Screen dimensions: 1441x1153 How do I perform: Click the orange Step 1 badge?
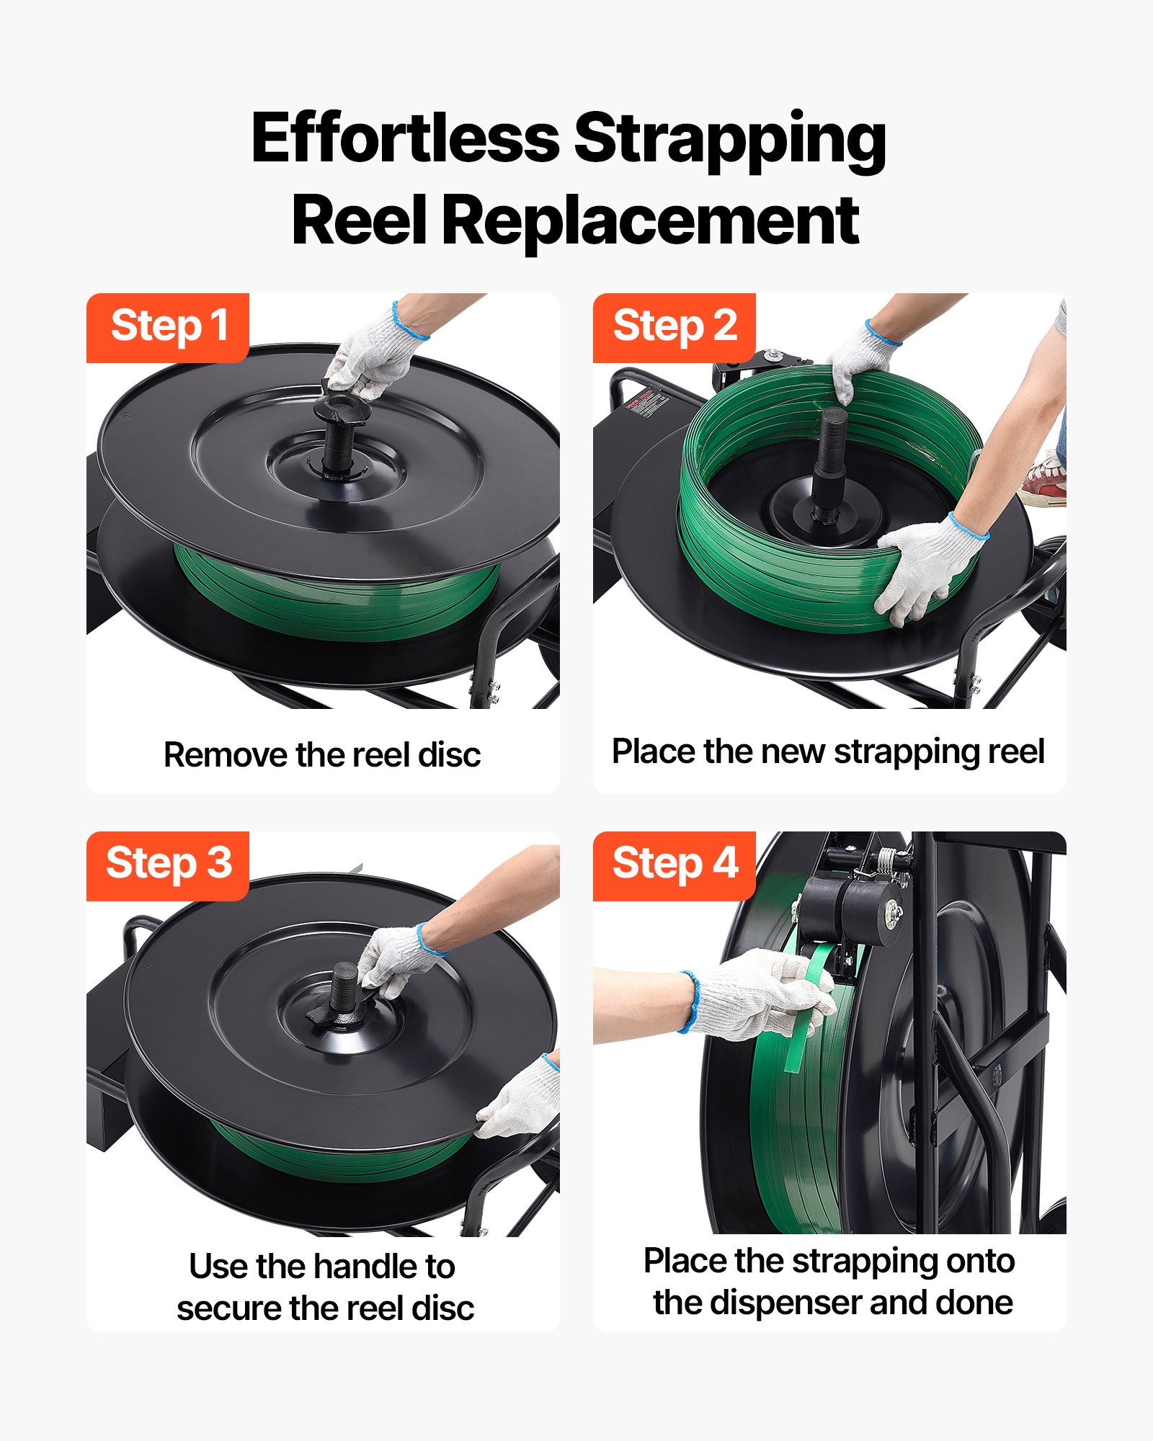(x=168, y=327)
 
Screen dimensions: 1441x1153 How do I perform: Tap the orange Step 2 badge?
(x=675, y=327)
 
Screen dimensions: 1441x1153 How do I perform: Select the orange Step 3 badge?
(x=168, y=865)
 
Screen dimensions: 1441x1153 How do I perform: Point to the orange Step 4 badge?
(x=675, y=865)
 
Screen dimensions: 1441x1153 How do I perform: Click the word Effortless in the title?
(x=405, y=138)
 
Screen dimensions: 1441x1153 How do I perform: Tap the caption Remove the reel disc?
(x=322, y=755)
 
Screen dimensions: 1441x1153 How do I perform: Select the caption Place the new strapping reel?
(x=828, y=751)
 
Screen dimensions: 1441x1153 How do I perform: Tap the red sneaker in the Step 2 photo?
(x=1045, y=479)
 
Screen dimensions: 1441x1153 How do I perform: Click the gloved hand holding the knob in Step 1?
(x=375, y=353)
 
